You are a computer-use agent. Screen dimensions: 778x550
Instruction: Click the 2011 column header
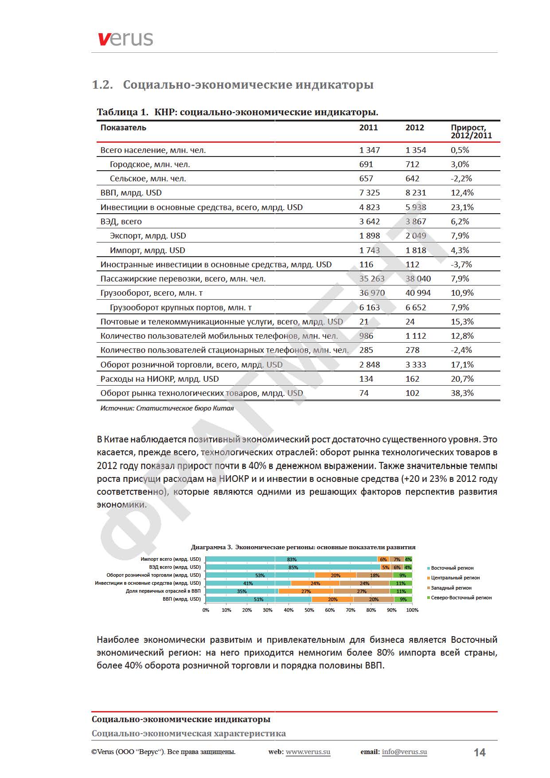point(368,128)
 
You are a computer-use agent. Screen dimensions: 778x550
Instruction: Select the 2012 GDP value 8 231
point(415,193)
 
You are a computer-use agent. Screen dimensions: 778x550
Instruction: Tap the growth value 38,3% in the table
point(462,393)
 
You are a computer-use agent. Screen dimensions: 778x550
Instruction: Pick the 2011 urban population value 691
point(366,164)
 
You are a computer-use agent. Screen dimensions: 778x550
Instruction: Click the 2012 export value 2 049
point(415,236)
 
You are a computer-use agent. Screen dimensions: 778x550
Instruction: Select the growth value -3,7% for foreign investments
point(461,265)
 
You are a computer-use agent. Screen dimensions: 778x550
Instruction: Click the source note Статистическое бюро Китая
point(167,408)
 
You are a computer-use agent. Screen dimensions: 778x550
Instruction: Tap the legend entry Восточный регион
point(452,568)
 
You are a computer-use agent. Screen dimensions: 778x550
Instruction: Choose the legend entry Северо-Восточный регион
point(461,598)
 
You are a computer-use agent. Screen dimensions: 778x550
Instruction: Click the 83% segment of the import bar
point(291,559)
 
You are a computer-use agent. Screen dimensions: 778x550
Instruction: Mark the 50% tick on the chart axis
point(309,610)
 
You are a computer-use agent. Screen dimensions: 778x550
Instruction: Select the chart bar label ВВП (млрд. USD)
point(182,599)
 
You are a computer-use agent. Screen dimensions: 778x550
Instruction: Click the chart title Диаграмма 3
point(303,547)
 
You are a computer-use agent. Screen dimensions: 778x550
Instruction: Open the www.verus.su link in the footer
point(308,752)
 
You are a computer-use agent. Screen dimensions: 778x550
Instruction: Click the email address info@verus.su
point(404,752)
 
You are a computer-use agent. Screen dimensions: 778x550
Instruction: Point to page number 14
point(480,752)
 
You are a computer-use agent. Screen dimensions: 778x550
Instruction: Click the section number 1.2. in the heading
point(102,85)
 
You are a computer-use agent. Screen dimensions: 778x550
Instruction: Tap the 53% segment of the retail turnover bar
point(260,575)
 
